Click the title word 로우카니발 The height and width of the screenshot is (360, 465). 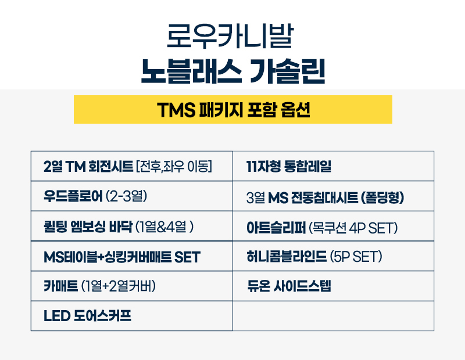point(233,36)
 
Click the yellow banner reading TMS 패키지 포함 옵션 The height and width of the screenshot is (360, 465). point(233,110)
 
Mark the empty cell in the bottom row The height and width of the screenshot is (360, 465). point(333,316)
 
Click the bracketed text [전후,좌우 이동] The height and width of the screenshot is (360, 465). point(173,167)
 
